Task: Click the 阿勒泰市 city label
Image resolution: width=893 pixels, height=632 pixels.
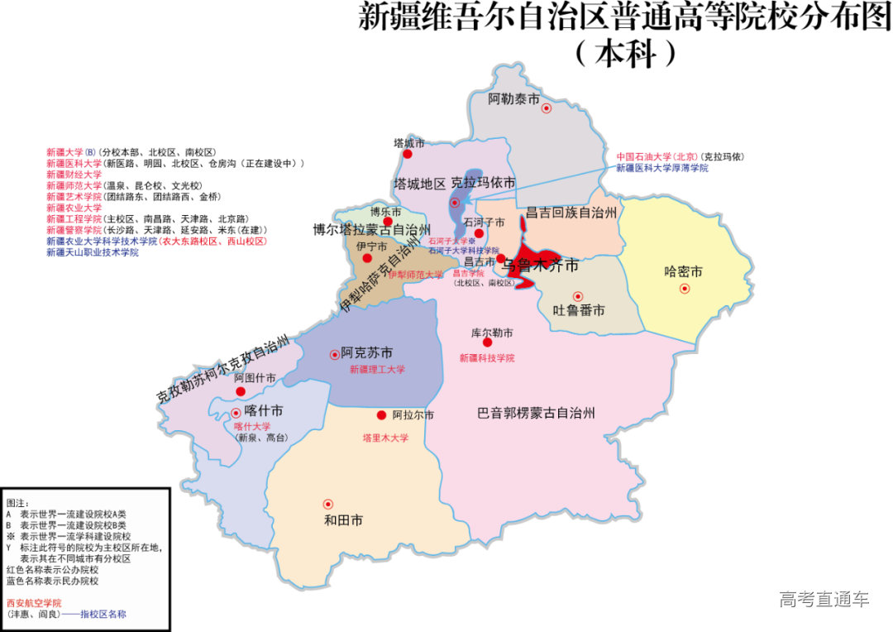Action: [x=513, y=100]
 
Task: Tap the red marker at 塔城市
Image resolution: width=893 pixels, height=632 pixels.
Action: [x=407, y=154]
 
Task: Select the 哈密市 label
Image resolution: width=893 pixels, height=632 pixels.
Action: [x=683, y=271]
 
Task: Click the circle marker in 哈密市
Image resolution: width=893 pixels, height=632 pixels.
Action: [x=685, y=289]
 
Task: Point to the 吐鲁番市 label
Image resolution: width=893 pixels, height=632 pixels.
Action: [x=578, y=311]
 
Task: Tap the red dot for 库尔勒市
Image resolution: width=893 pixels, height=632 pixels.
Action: [x=488, y=342]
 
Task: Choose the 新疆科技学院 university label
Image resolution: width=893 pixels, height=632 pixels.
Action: [x=487, y=358]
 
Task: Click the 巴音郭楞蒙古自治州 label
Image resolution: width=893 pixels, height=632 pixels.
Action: [x=537, y=413]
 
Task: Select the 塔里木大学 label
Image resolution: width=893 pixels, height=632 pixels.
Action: [x=385, y=438]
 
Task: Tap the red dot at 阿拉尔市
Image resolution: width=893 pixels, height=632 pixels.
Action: [x=382, y=415]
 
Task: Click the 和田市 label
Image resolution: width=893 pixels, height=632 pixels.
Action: [x=343, y=520]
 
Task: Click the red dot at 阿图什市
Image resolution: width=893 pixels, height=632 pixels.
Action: [x=241, y=391]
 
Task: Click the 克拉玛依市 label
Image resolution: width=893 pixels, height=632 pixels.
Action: [x=483, y=183]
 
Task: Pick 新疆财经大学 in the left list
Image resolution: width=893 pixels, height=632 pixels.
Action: [x=74, y=175]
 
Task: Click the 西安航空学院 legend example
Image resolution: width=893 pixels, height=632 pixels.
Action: [x=34, y=604]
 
